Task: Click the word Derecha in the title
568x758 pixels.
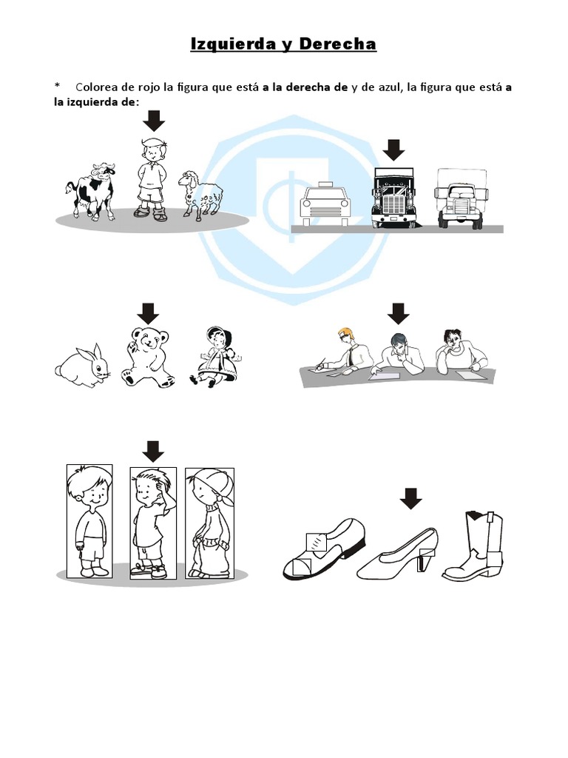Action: point(337,44)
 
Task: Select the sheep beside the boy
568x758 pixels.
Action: point(200,195)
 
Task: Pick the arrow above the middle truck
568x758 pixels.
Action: point(395,150)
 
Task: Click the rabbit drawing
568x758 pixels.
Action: point(82,366)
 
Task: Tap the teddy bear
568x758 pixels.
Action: point(149,355)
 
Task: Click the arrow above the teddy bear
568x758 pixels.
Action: point(149,312)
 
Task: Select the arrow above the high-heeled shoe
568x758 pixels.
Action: point(410,497)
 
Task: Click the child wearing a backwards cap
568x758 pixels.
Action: point(209,523)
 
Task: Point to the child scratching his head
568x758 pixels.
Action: point(152,523)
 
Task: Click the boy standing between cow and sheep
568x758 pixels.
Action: point(152,178)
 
